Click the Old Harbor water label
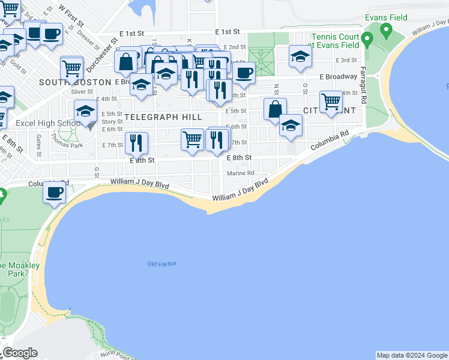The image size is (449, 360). click(163, 264)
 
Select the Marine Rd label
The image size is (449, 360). click(241, 173)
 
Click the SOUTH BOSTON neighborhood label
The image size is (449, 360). click(75, 82)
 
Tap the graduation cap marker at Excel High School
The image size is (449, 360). click(86, 112)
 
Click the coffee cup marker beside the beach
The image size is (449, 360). click(54, 193)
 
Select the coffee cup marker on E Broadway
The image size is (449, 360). click(244, 74)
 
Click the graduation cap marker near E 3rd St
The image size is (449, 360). click(300, 56)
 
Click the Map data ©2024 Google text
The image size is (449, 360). click(411, 355)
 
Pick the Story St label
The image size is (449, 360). click(112, 122)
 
